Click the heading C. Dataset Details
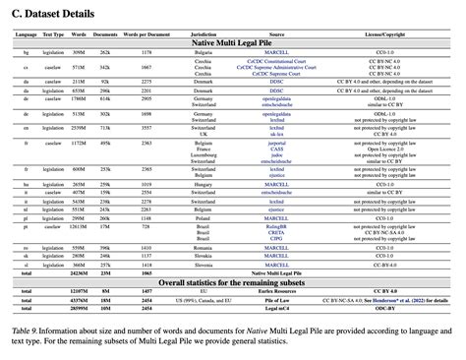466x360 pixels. tap(52, 14)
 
